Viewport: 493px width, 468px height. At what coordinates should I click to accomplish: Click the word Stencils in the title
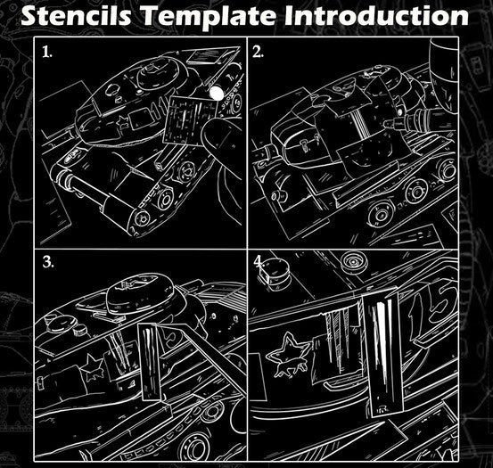tap(76, 15)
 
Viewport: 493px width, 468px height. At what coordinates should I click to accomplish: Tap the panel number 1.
tap(47, 52)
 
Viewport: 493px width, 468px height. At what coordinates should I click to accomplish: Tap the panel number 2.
tap(258, 52)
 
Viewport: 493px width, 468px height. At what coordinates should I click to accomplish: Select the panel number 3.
tap(48, 261)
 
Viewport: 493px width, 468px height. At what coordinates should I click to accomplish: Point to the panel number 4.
tap(259, 261)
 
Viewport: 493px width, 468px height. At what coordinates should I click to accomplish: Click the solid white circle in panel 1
tap(216, 93)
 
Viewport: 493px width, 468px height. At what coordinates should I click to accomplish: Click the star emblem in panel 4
tap(288, 355)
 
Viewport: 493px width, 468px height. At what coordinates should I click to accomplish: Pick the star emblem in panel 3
tap(93, 367)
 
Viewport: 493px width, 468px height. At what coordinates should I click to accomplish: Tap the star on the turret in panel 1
tap(123, 120)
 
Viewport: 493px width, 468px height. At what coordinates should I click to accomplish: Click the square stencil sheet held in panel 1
tap(190, 118)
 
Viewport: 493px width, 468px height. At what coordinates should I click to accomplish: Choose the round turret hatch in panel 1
tap(155, 73)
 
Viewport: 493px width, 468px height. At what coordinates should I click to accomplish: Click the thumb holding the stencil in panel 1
tap(220, 136)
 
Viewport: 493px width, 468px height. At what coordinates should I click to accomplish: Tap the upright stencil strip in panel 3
tap(150, 362)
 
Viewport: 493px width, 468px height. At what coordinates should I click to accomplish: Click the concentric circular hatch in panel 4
tap(354, 260)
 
